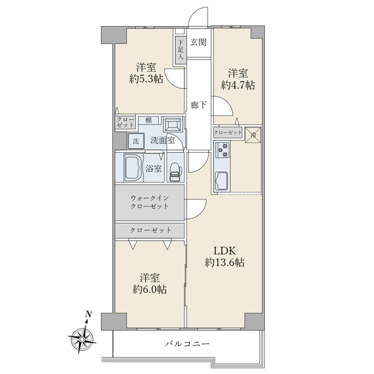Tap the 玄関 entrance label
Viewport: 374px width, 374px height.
point(198,42)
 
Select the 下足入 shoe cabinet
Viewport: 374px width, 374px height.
point(181,50)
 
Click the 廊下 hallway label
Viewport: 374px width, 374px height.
point(198,105)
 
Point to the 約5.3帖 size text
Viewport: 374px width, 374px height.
point(146,79)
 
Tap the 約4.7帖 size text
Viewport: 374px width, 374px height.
point(238,85)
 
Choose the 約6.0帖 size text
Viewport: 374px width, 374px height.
point(150,289)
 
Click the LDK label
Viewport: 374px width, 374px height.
point(224,251)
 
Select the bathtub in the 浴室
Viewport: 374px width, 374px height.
point(133,168)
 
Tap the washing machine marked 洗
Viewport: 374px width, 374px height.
point(136,141)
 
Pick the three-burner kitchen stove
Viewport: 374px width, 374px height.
point(223,150)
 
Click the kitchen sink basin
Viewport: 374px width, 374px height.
point(221,181)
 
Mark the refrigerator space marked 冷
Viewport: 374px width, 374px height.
point(253,135)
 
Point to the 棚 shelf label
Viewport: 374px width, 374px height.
point(148,120)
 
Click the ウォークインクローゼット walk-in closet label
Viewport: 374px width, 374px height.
point(150,202)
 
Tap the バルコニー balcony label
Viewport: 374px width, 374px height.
point(187,343)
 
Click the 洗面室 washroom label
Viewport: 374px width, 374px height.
point(163,140)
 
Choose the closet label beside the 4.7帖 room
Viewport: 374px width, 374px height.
point(228,133)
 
